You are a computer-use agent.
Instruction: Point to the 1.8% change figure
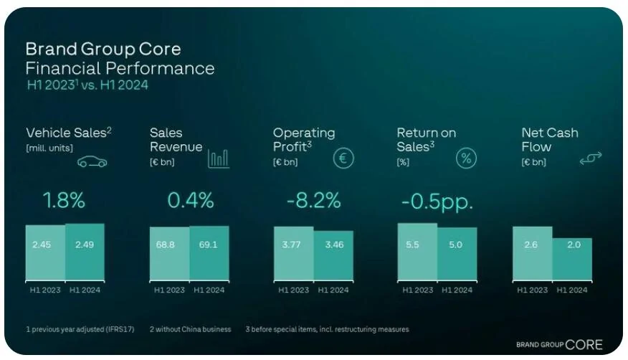[65, 201]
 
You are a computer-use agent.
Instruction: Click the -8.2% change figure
[313, 201]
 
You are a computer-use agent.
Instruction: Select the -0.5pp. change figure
[437, 202]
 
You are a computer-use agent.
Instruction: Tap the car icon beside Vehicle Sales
[92, 162]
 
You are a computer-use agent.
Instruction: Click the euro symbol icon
[343, 158]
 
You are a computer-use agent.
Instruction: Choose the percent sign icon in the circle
[467, 158]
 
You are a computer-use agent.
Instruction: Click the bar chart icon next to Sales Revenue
[219, 158]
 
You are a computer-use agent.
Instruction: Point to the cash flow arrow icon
[591, 158]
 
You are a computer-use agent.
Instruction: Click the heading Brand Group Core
[103, 49]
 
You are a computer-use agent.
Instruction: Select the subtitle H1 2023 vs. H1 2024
[87, 85]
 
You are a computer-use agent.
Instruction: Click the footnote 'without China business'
[190, 329]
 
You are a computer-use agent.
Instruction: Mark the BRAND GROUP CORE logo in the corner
[559, 344]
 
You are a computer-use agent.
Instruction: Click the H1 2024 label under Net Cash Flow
[571, 290]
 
